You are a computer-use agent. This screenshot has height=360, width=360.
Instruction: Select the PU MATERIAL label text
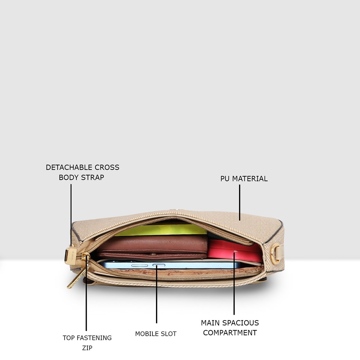(244, 179)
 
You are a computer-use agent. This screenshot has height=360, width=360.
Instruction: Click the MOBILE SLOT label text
(156, 334)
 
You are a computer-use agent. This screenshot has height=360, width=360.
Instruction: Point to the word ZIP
(87, 348)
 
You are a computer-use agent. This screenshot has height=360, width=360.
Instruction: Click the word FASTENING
(94, 338)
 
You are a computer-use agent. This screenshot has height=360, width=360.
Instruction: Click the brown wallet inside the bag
(152, 247)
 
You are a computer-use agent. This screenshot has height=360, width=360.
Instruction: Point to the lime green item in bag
(161, 230)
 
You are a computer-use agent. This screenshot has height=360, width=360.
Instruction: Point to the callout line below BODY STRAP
(71, 215)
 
